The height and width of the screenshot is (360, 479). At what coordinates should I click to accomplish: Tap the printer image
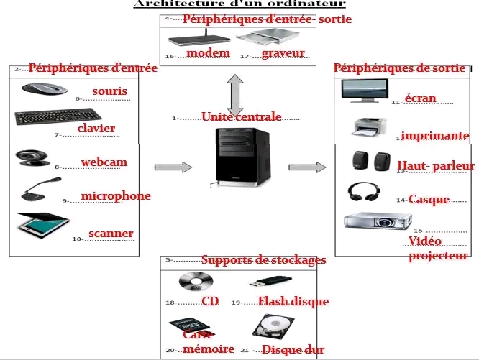370,128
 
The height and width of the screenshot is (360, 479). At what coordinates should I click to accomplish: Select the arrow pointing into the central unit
173,167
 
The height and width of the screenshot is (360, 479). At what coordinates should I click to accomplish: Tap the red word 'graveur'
283,53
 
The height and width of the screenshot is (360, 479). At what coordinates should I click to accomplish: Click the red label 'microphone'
116,195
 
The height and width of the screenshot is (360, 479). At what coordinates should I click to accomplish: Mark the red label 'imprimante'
435,136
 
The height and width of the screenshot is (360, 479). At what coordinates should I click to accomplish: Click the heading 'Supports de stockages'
263,259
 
